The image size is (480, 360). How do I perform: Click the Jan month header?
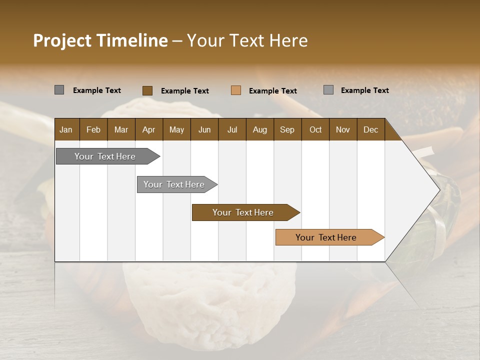tap(66, 129)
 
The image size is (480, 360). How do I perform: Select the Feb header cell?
tap(93, 129)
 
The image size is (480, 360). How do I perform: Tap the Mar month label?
tap(121, 129)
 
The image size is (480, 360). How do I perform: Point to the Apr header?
tap(148, 129)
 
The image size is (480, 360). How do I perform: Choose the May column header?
tap(176, 129)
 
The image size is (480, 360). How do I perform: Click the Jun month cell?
tap(204, 129)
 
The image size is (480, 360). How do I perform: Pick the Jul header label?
tap(232, 129)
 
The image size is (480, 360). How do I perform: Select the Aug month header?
tap(259, 129)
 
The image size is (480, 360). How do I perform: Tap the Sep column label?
tap(287, 129)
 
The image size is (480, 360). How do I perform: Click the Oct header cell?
tap(315, 129)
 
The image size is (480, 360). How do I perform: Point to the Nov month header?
tap(343, 129)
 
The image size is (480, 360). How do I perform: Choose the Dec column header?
tap(370, 129)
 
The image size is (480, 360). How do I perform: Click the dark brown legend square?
tap(147, 90)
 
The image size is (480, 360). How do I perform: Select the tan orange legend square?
tap(236, 90)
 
